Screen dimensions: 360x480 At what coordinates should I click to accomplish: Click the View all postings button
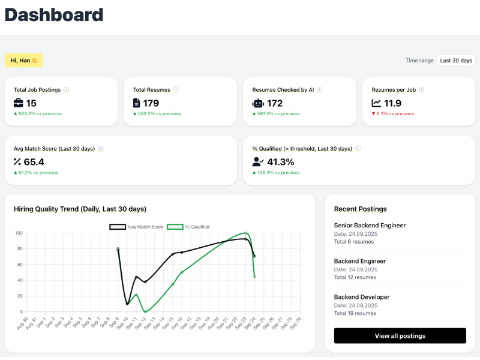coord(400,336)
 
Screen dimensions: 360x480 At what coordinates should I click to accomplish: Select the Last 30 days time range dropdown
coord(456,60)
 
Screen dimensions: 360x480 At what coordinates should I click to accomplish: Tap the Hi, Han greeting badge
coord(24,60)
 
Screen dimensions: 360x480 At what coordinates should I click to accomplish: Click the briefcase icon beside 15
coord(19,103)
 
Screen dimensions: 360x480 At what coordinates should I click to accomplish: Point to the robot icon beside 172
coord(257,103)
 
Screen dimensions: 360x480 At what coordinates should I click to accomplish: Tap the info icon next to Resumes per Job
coord(422,90)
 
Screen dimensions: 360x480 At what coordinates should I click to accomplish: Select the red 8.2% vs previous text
coord(392,113)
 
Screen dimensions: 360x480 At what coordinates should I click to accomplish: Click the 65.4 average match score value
coord(34,161)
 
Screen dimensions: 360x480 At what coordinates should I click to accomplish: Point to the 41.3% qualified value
coord(280,161)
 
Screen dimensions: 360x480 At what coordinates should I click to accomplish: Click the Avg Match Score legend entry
coord(136,227)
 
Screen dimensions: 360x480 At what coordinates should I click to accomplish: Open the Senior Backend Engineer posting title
coord(370,226)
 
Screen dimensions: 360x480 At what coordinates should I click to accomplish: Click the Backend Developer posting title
coord(362,297)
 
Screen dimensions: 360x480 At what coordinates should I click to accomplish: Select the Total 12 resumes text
coord(355,277)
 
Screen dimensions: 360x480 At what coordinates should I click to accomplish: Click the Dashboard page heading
coord(54,15)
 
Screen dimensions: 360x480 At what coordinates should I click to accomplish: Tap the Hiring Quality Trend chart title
coord(80,209)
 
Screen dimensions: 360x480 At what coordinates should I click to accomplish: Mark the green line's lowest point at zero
coord(145,311)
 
